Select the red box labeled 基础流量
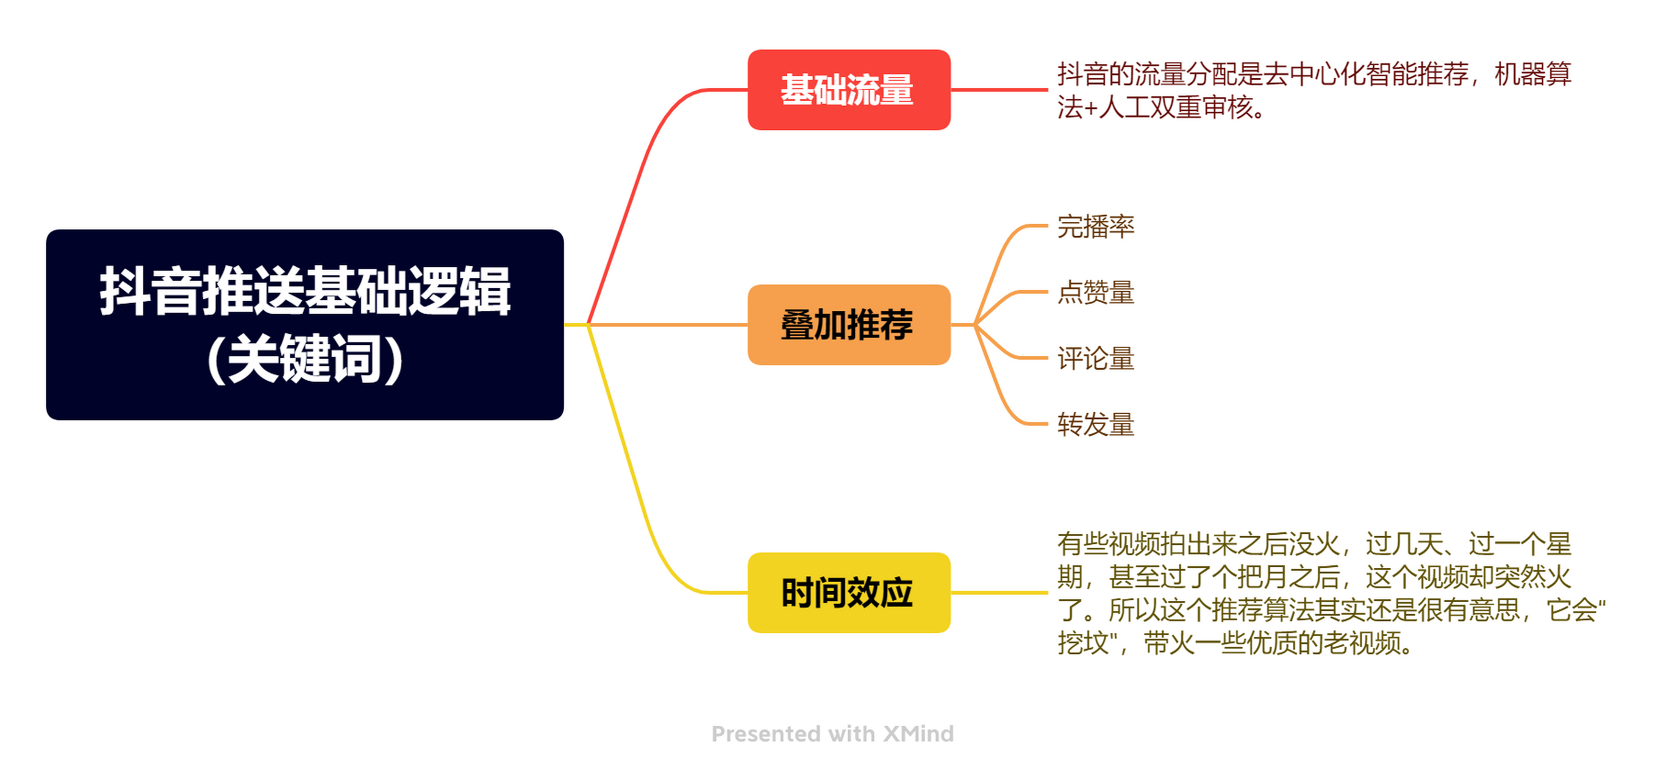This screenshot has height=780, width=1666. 848,90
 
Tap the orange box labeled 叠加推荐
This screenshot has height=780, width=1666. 848,324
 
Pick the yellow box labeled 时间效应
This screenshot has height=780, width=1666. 848,592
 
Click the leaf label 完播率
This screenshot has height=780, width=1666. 1096,226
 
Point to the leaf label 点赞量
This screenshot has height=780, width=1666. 1096,292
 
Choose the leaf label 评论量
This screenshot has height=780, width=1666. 1096,358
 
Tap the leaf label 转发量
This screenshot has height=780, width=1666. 1096,425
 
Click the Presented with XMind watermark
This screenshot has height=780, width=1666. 832,734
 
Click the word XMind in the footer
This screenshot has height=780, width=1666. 918,734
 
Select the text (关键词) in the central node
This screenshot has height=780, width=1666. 305,360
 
